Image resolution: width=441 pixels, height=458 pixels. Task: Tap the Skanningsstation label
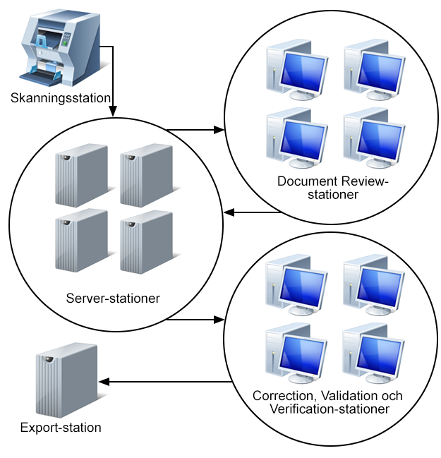coord(61,97)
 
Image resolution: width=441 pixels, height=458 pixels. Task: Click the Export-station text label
coord(61,427)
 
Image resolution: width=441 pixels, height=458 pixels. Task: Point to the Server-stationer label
coord(113,298)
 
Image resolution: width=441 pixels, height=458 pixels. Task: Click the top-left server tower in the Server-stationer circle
coord(81,175)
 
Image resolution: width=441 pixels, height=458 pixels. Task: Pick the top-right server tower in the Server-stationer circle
coord(146,175)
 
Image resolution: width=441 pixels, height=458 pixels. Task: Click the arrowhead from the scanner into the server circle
coord(113,113)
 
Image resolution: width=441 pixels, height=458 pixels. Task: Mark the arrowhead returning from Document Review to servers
coord(228,212)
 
